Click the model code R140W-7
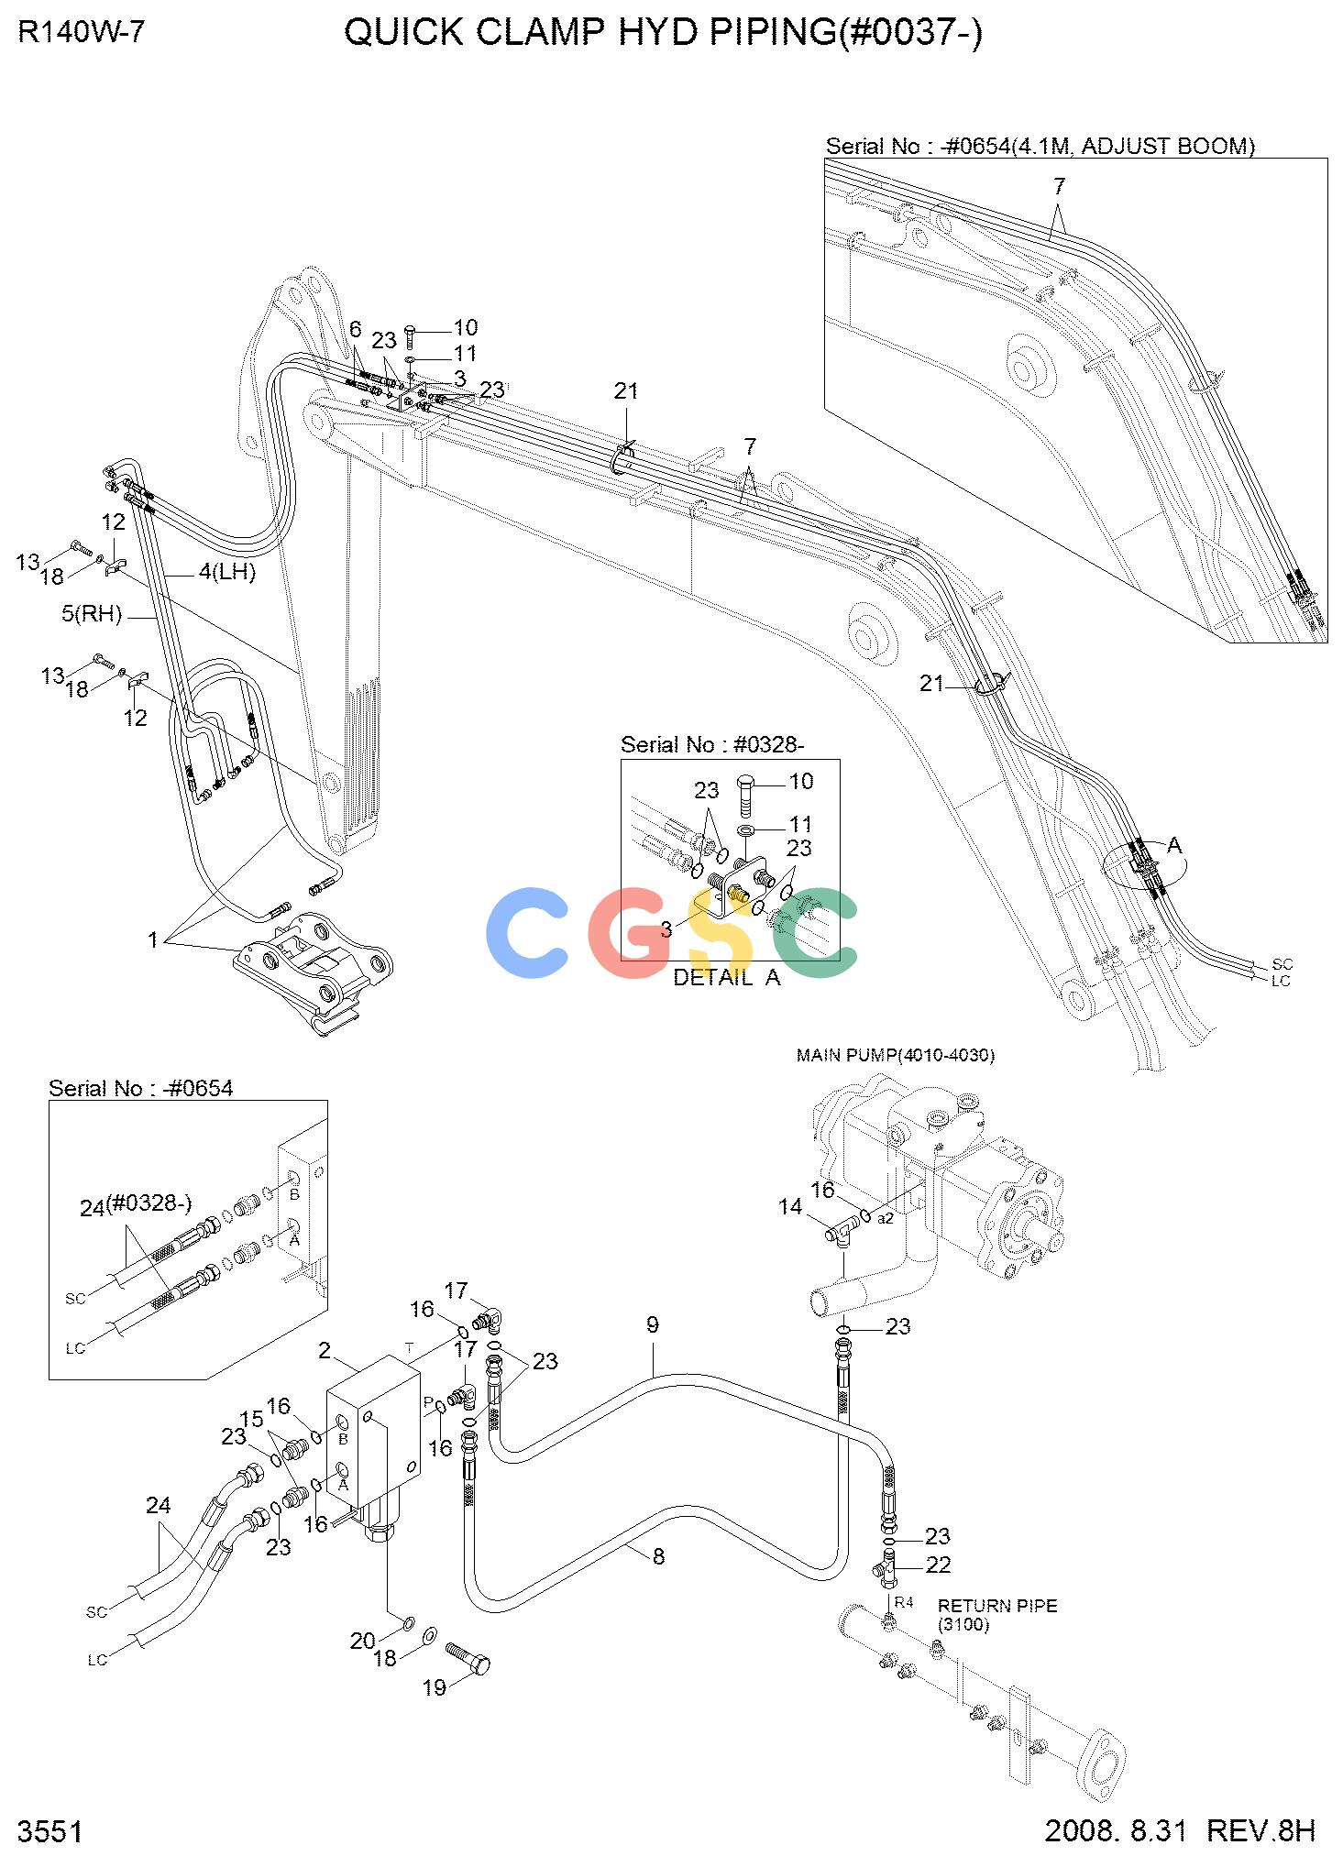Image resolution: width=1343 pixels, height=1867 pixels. click(x=82, y=33)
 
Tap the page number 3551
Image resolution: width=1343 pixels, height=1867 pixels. click(x=50, y=1831)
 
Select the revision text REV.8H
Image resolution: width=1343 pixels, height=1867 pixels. click(x=1261, y=1829)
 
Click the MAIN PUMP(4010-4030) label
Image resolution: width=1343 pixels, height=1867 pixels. click(x=895, y=1055)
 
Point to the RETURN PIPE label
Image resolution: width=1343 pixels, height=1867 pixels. click(x=997, y=1606)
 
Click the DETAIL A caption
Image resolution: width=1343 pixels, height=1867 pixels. click(x=727, y=977)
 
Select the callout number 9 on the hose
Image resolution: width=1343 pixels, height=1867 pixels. click(x=652, y=1324)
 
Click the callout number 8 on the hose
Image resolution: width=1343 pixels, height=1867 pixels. click(x=658, y=1555)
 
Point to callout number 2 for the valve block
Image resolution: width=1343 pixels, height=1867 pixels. click(x=325, y=1350)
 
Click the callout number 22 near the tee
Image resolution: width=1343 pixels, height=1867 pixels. click(x=938, y=1565)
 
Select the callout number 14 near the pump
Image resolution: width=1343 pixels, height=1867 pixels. click(x=790, y=1207)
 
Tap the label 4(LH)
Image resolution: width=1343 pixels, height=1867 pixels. click(x=227, y=573)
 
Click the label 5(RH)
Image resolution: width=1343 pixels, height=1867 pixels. click(x=92, y=613)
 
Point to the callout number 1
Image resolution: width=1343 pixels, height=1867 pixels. click(x=153, y=939)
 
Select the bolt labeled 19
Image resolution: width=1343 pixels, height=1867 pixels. click(x=468, y=1658)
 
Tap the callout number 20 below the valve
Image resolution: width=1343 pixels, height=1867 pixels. click(x=363, y=1641)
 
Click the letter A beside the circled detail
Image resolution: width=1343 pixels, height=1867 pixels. click(x=1174, y=845)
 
